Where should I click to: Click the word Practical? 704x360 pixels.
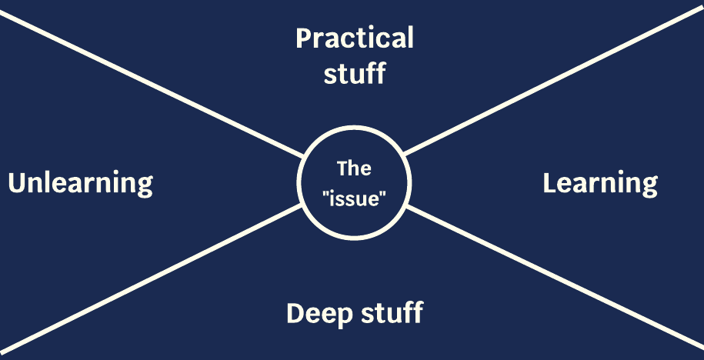[355, 38]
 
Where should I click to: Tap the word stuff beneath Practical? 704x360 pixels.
[355, 74]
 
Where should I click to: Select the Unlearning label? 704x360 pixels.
[80, 183]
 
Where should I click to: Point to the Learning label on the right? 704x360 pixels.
[600, 183]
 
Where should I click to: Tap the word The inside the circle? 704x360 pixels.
[354, 168]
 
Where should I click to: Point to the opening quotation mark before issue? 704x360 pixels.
[326, 192]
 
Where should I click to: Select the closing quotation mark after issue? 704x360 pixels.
[383, 192]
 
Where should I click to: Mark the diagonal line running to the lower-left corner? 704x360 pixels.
[154, 277]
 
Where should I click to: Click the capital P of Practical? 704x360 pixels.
[304, 38]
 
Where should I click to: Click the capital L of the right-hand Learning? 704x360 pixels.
[549, 183]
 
